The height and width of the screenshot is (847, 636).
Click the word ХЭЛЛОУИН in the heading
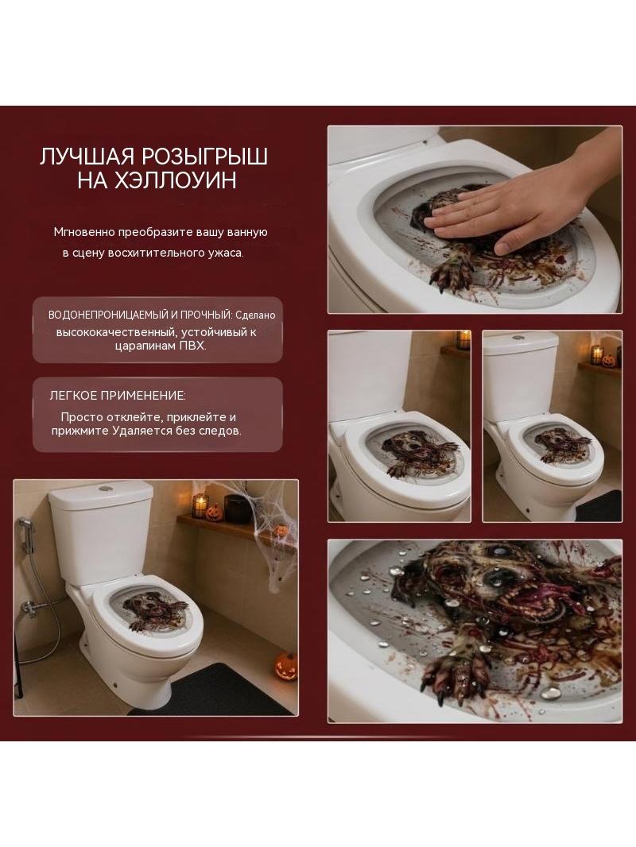coord(176,180)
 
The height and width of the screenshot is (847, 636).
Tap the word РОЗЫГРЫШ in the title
coord(204,157)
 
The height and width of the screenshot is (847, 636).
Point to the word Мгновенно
coord(83,232)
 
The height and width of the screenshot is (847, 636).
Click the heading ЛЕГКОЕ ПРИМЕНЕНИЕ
coord(117,396)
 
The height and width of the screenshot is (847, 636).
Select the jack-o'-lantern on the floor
coord(286,667)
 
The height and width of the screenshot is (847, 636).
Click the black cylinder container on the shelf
coord(235,509)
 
